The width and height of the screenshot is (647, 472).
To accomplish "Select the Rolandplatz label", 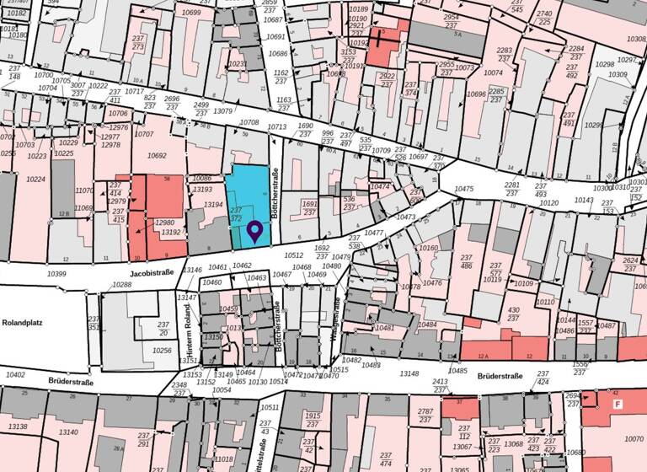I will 22,322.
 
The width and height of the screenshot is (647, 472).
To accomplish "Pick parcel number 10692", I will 157,155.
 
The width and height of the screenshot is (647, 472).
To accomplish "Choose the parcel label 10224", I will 35,179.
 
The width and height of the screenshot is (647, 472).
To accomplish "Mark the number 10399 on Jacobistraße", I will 56,274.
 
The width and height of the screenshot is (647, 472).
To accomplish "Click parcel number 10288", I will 122,285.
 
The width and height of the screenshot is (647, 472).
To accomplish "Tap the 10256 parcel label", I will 162,350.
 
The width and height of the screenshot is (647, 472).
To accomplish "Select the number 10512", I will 293,254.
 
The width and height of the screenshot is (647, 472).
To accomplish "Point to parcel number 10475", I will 464,189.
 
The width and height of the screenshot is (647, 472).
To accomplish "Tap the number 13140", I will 68,432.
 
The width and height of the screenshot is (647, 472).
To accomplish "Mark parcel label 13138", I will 17,426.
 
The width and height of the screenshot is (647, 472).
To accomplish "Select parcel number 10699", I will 191,13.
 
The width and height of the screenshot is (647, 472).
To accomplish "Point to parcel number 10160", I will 429,249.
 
